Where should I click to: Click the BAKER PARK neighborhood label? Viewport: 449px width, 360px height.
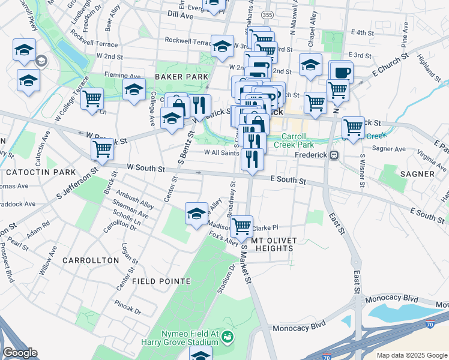pos(181,77)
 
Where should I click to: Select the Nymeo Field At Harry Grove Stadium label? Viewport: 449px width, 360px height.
pos(187,338)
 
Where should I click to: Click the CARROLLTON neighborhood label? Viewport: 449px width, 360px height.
pos(90,260)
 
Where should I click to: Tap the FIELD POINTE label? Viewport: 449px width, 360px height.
pos(161,281)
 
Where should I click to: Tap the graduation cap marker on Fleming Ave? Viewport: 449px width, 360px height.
pos(134,90)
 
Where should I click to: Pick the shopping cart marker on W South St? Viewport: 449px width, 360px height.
pos(102,149)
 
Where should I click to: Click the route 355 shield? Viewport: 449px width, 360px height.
pos(267,14)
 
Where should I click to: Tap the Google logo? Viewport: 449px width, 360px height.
pos(20,352)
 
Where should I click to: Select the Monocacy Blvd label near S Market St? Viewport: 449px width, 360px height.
pos(298,328)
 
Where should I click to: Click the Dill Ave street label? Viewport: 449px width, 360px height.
pos(180,16)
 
